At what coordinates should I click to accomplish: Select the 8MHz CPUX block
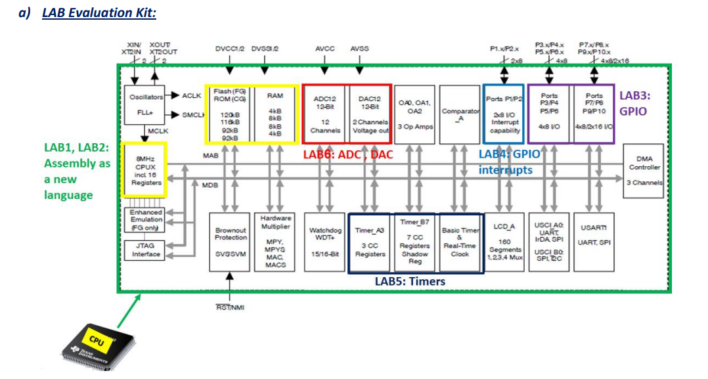point(144,170)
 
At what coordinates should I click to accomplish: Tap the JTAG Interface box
point(145,250)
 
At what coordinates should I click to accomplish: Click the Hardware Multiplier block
point(275,240)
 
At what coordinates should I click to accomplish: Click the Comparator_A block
point(459,115)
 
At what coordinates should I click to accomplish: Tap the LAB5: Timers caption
point(409,281)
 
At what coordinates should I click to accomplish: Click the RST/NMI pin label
point(230,307)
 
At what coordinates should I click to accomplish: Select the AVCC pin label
point(324,48)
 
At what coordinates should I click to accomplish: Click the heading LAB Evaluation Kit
point(99,12)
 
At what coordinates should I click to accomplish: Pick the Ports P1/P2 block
point(504,114)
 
